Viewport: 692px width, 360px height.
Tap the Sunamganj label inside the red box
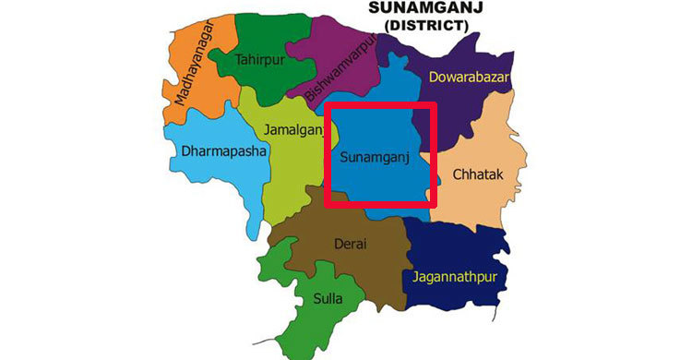(375, 158)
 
